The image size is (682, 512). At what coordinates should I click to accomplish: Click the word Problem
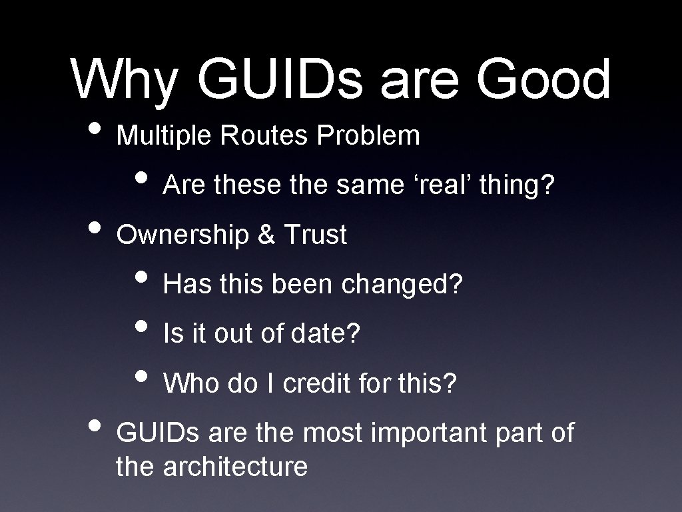[x=368, y=135]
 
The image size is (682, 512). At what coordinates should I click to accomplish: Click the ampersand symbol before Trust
[x=266, y=235]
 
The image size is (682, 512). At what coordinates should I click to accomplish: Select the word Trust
[x=315, y=235]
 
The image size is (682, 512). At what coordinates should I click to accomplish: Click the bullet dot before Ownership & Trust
[x=93, y=229]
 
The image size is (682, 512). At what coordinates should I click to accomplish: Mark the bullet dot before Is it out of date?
[x=141, y=328]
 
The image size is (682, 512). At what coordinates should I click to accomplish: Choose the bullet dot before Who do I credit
[x=141, y=377]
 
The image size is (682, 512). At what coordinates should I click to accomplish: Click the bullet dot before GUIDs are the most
[x=93, y=427]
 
